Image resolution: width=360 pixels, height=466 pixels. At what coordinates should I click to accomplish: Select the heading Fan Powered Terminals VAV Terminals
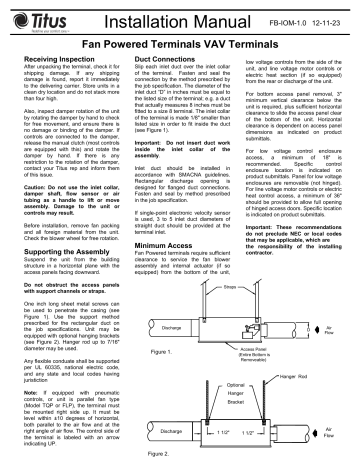point(179,44)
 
